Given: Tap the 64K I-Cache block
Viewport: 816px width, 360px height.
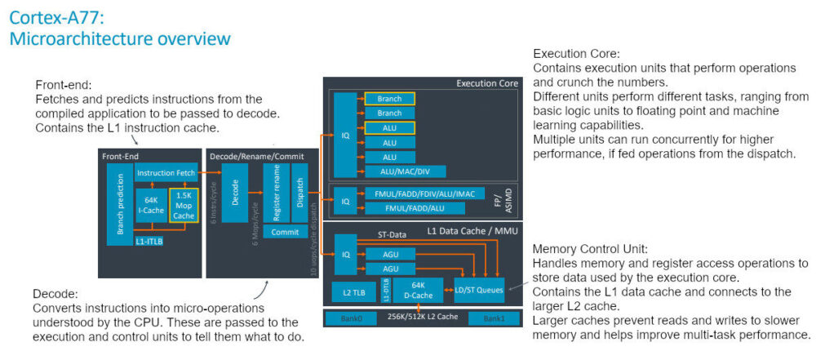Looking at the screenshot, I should [151, 205].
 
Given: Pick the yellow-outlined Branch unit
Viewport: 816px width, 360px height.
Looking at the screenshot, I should [390, 99].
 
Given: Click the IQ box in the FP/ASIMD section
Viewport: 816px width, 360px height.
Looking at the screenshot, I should [345, 200].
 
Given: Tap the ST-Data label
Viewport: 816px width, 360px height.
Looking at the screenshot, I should [390, 235].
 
